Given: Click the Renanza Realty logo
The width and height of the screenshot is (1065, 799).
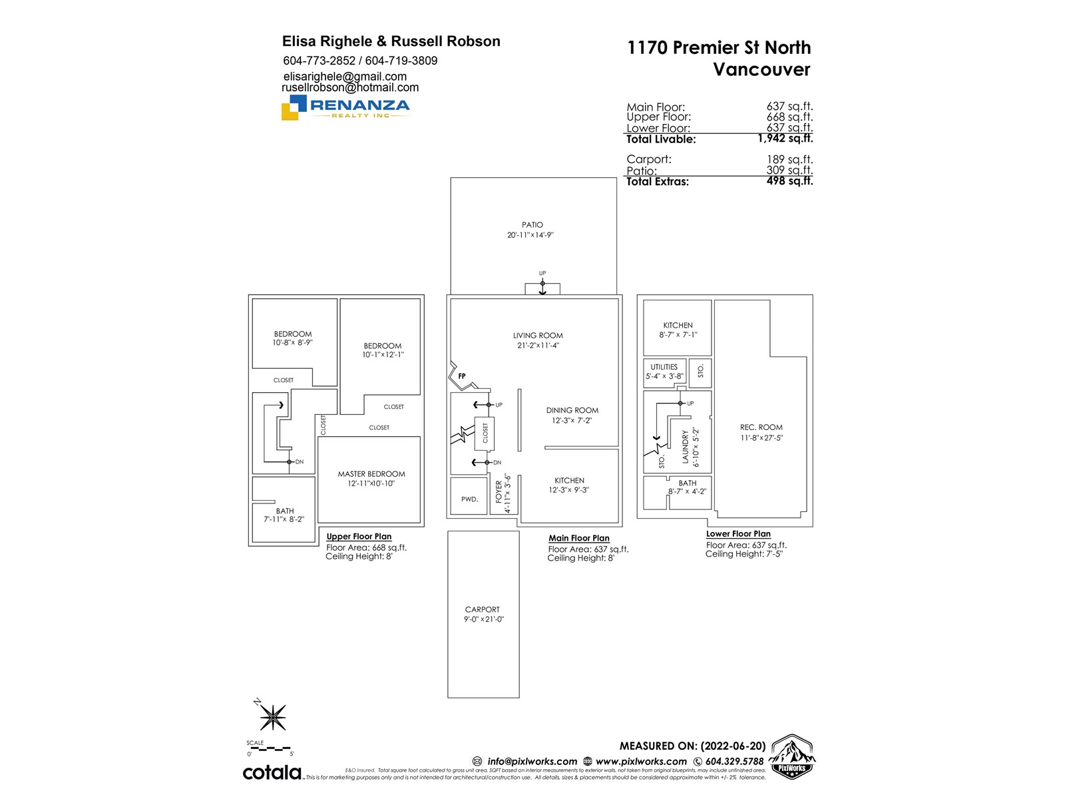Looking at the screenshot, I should [345, 107].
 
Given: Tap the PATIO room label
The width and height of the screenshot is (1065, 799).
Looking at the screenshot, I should [532, 225].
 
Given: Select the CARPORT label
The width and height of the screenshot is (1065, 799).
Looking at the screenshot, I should [483, 609].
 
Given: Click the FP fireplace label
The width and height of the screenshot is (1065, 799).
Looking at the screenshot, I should [462, 376].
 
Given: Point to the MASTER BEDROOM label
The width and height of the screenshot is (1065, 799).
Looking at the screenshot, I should [371, 474].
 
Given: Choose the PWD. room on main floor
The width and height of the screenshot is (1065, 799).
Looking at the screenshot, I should [469, 499].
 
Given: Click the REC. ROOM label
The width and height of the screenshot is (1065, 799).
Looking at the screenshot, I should [761, 427].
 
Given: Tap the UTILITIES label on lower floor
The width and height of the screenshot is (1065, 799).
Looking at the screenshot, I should [664, 367].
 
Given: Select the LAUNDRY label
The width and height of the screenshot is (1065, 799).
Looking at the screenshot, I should [685, 447].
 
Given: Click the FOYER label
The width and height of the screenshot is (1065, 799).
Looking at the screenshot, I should [499, 492].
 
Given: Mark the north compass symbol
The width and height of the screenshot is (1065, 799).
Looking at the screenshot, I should [272, 716].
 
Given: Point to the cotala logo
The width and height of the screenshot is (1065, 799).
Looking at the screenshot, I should [272, 772].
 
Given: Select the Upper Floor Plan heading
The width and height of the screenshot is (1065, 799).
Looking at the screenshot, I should [359, 537].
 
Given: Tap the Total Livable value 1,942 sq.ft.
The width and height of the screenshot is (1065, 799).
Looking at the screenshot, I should [785, 138].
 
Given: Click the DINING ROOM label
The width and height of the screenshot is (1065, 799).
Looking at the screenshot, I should [572, 411].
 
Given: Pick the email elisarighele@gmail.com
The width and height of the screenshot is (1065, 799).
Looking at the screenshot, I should [345, 77].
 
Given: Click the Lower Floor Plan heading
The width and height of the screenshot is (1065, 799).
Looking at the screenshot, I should [738, 534].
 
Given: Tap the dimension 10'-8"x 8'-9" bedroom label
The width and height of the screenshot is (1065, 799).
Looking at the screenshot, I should [292, 343].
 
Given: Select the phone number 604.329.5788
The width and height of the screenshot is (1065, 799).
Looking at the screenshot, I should [734, 762].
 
